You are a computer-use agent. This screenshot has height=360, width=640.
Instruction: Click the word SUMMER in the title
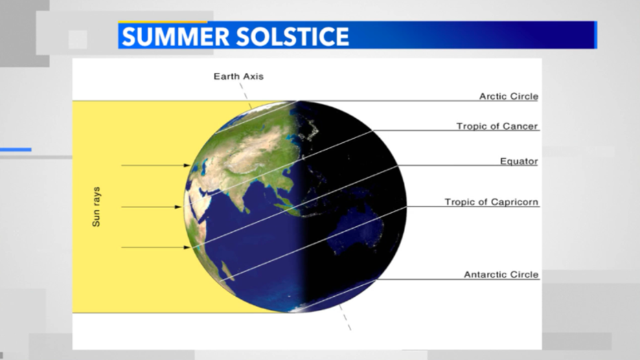pos(176,36)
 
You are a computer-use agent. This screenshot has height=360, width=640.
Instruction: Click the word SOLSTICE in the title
pos(293,36)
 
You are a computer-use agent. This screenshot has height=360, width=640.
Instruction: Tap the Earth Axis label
pos(239,76)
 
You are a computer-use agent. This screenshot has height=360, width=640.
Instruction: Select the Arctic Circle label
pos(509,96)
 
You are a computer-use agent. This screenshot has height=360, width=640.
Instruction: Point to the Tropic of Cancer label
pos(497,126)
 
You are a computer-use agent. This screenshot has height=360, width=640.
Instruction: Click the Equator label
pos(518,161)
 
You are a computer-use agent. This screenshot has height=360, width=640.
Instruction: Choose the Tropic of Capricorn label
pos(492,202)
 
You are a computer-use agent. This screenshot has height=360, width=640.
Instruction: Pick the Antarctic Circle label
pos(501,275)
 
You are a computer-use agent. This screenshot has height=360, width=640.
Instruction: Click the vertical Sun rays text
pos(96,207)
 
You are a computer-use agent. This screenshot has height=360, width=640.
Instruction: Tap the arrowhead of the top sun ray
pos(187,166)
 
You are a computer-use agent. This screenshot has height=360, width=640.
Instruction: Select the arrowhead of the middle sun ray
pos(178,207)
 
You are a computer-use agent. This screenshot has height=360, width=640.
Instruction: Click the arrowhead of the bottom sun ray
pos(187,247)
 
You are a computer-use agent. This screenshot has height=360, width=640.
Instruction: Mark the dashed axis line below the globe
pos(345,317)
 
